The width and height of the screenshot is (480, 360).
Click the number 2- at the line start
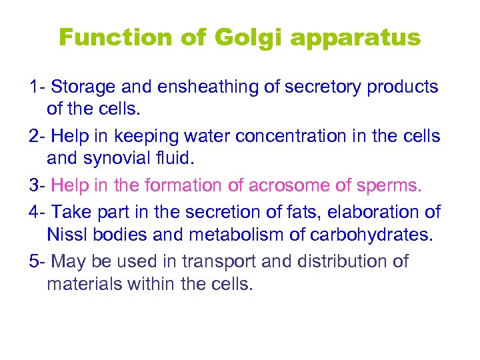coord(37,136)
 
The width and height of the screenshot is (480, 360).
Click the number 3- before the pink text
coord(37,185)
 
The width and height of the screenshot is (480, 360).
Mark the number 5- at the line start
coord(37,260)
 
